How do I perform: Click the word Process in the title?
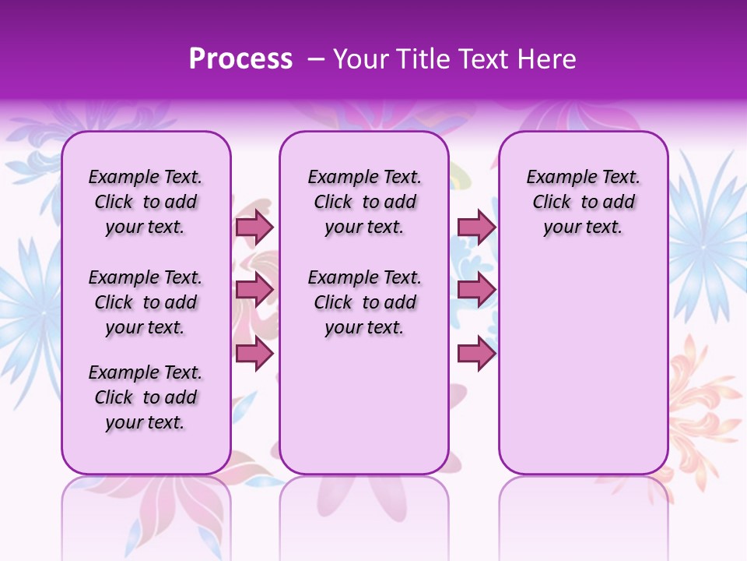tap(240, 59)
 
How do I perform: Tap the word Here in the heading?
tap(545, 59)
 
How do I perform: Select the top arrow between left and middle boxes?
tap(254, 227)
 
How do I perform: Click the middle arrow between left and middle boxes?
tap(254, 290)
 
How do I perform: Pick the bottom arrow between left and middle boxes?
tap(254, 354)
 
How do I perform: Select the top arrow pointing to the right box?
tap(476, 227)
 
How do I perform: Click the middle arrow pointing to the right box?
tap(476, 290)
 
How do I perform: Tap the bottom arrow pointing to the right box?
tap(476, 354)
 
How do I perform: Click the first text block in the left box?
tap(146, 202)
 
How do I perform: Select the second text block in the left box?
tap(146, 302)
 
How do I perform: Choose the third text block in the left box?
tap(146, 397)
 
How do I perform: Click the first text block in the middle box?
tap(365, 202)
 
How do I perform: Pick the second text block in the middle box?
tap(365, 302)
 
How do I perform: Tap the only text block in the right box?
tap(584, 202)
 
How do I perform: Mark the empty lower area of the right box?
tap(584, 366)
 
